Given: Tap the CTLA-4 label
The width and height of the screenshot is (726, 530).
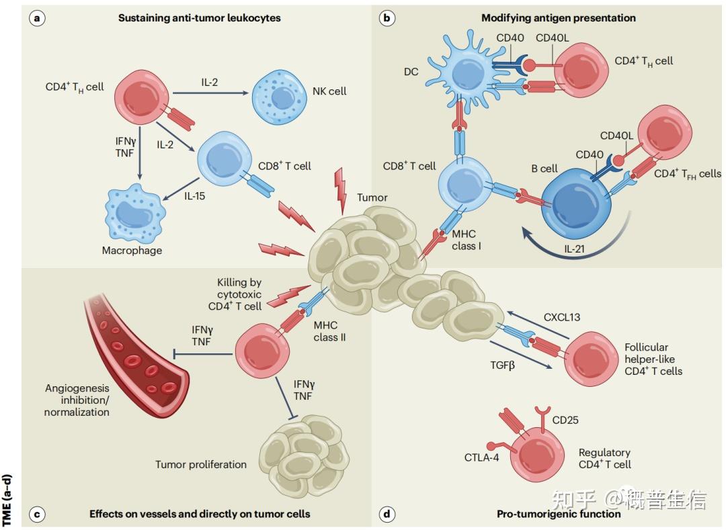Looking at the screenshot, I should (x=483, y=457).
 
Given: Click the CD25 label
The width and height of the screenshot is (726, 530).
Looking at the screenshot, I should (x=565, y=421).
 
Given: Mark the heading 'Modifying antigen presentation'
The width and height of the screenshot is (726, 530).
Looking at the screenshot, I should (x=558, y=18).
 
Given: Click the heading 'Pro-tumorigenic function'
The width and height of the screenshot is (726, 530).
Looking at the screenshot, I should (x=559, y=515).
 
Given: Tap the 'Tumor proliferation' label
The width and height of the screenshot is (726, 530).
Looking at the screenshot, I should (x=201, y=464).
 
